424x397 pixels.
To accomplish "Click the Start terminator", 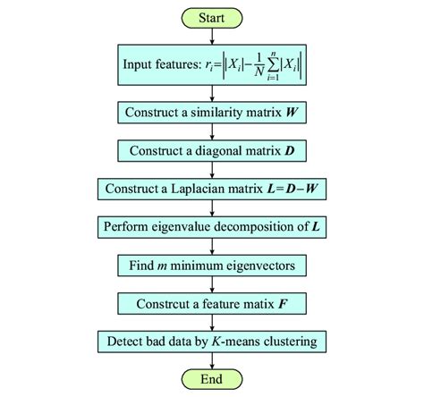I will coord(212,17).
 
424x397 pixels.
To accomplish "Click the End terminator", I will coord(212,379).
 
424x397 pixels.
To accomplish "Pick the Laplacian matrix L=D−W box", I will coord(212,189).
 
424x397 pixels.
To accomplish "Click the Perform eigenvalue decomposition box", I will coord(212,227).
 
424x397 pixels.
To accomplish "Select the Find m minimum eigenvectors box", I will coord(212,266).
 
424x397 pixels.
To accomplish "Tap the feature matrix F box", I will coord(212,303).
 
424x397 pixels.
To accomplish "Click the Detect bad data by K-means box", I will coord(212,342).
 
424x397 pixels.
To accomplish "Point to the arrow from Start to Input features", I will coord(212,35).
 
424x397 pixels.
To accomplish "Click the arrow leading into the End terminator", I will coord(212,360).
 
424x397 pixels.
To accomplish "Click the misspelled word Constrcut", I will coord(160,303).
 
